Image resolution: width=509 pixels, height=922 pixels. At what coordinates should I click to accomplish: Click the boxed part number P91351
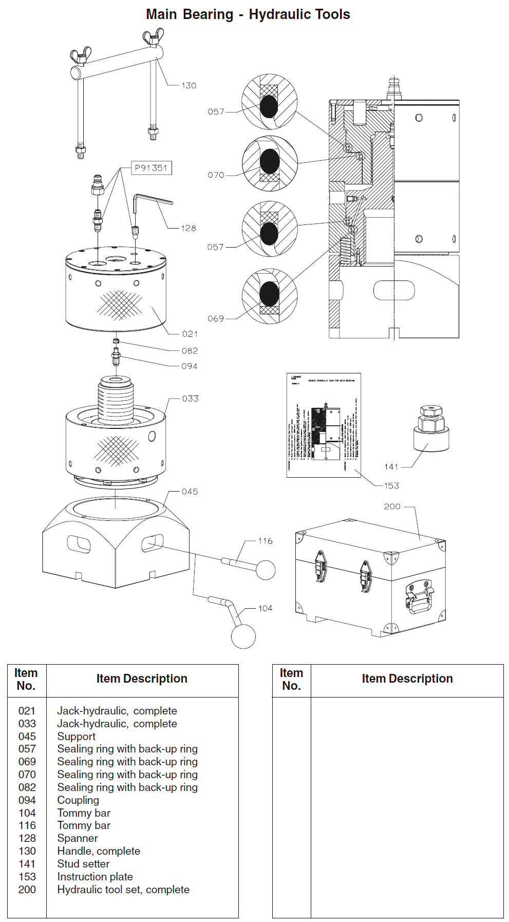[150, 168]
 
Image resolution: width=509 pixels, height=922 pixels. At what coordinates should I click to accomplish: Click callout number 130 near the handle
[188, 86]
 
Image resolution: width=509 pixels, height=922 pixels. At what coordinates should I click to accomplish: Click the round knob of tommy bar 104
[243, 636]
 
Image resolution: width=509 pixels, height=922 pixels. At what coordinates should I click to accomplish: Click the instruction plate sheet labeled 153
[324, 425]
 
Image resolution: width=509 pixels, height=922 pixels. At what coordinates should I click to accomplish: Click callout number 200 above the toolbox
[392, 506]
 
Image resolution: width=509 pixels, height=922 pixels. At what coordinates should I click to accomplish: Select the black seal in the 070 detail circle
[270, 161]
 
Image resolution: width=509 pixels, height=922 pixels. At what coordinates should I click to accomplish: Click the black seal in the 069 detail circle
[270, 294]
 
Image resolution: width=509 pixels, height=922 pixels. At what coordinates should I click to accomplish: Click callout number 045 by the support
[190, 492]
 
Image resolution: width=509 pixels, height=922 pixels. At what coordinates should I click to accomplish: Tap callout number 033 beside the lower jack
[190, 399]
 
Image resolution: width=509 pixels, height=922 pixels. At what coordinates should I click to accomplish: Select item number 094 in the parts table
[27, 800]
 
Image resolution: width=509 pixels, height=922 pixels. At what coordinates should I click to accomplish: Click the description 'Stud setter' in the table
[83, 864]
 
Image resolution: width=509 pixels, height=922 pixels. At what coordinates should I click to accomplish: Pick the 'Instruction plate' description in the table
[95, 877]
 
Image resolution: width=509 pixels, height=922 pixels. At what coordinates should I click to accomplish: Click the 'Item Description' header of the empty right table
[407, 679]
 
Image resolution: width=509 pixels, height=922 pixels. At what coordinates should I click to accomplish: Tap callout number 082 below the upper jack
[190, 351]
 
